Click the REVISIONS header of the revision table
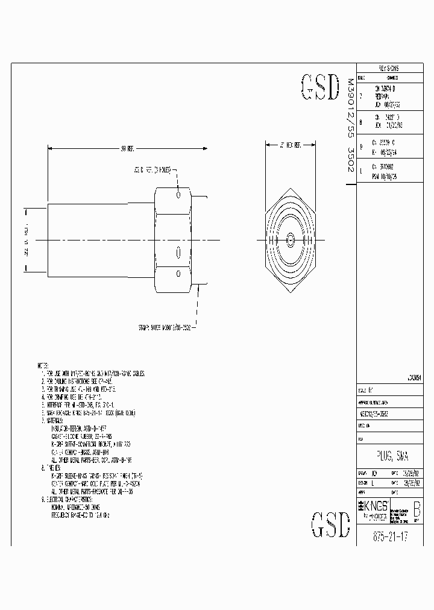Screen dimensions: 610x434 click(388, 69)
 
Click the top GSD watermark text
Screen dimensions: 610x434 click(319, 88)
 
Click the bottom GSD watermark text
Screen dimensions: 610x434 click(330, 524)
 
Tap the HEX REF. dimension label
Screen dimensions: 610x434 click(290, 145)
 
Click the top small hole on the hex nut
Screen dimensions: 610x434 click(178, 195)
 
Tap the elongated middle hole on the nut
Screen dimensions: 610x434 click(178, 252)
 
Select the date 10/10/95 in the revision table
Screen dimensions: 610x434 click(392, 177)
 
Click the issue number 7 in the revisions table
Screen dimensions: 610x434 click(360, 95)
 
